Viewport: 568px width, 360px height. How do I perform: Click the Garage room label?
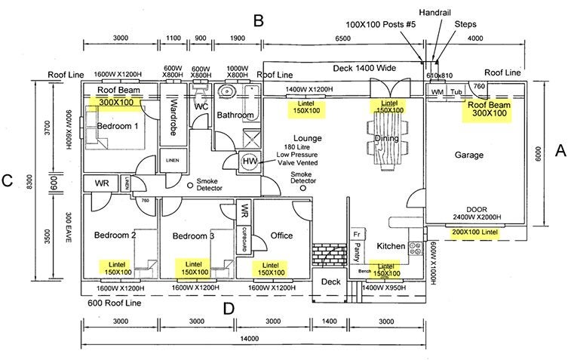469,155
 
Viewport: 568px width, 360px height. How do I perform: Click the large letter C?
8,180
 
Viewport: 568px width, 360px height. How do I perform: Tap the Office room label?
281,235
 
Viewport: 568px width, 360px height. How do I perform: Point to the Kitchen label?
391,246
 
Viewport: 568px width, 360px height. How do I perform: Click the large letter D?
229,308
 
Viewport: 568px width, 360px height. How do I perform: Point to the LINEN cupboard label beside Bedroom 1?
173,160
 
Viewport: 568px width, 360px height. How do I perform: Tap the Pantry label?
358,250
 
